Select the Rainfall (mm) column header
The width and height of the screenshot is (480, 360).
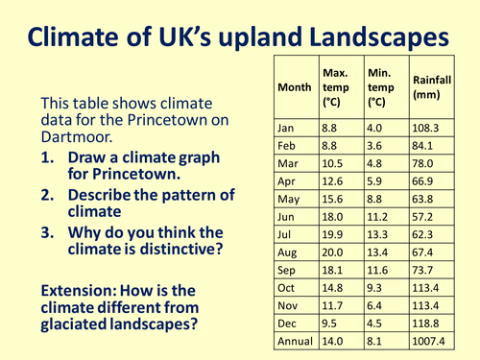430,87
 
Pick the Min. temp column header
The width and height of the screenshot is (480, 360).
383,86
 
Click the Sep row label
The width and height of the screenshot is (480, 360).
287,297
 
